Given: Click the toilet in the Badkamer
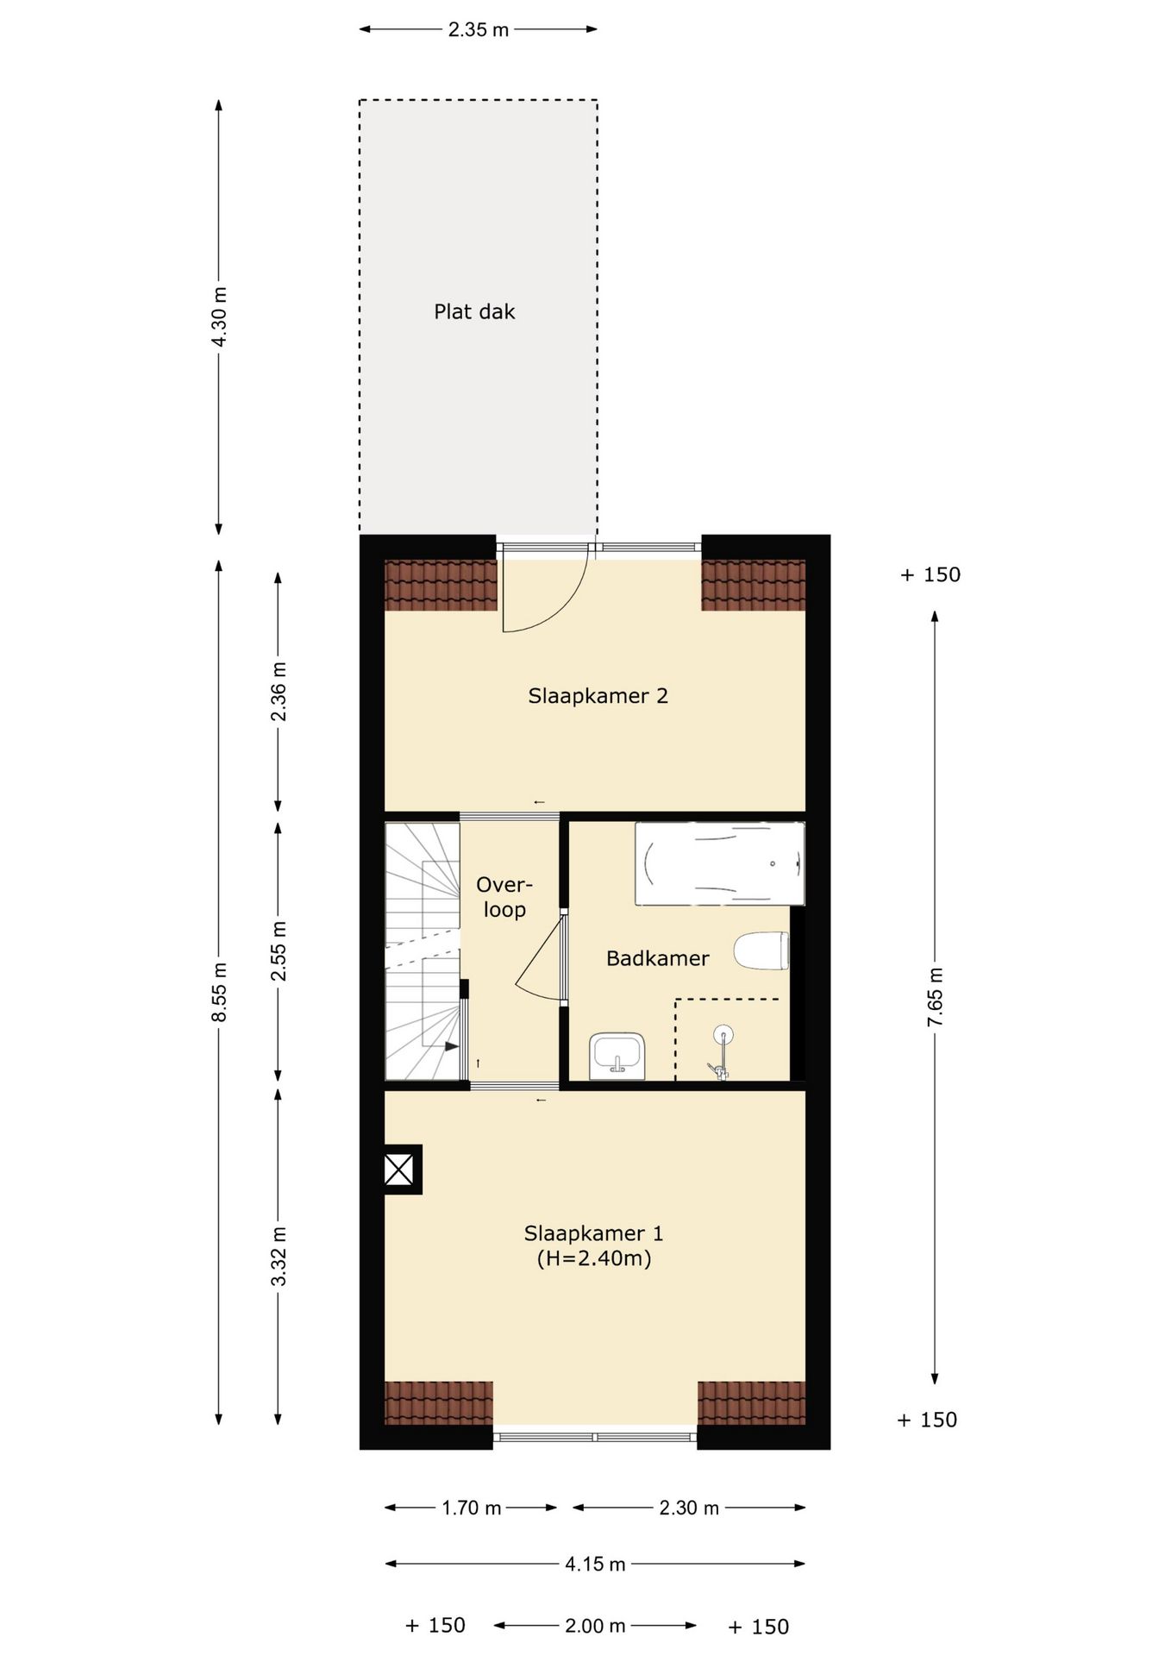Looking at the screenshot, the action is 761,950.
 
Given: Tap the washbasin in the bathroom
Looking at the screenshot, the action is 617,1056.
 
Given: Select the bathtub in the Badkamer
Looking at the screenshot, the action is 720,863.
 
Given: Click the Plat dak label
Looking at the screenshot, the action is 474,311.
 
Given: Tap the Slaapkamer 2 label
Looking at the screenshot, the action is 598,696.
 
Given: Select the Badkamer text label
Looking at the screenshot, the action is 658,958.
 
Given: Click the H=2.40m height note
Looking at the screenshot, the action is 594,1258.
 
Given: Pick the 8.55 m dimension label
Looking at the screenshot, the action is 220,991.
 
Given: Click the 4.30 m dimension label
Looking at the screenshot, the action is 220,316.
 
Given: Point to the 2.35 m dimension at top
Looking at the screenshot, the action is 479,30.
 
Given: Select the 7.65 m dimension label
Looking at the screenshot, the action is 936,996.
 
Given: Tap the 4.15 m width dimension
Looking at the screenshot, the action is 595,1564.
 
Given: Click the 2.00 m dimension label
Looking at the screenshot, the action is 595,1626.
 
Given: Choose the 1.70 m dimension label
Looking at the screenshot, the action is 471,1508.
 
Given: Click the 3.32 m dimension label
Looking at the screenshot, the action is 279,1255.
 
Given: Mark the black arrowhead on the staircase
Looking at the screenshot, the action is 452,1046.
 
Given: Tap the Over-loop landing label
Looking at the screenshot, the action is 504,897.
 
